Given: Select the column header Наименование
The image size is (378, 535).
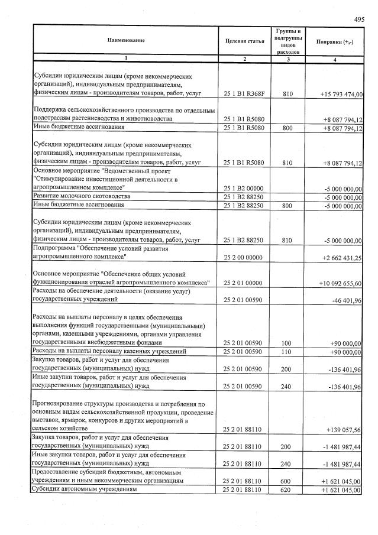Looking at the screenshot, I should (125, 40).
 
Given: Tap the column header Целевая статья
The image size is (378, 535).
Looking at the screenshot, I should (245, 40).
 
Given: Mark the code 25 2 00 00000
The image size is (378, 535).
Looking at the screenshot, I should (244, 258).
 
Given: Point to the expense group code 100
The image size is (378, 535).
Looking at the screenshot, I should (287, 343).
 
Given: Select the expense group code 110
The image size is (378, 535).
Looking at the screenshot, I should (287, 352).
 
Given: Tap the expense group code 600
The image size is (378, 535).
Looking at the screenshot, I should (287, 481).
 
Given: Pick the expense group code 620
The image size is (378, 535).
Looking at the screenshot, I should (287, 490).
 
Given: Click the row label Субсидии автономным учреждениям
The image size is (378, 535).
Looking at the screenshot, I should (83, 490).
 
